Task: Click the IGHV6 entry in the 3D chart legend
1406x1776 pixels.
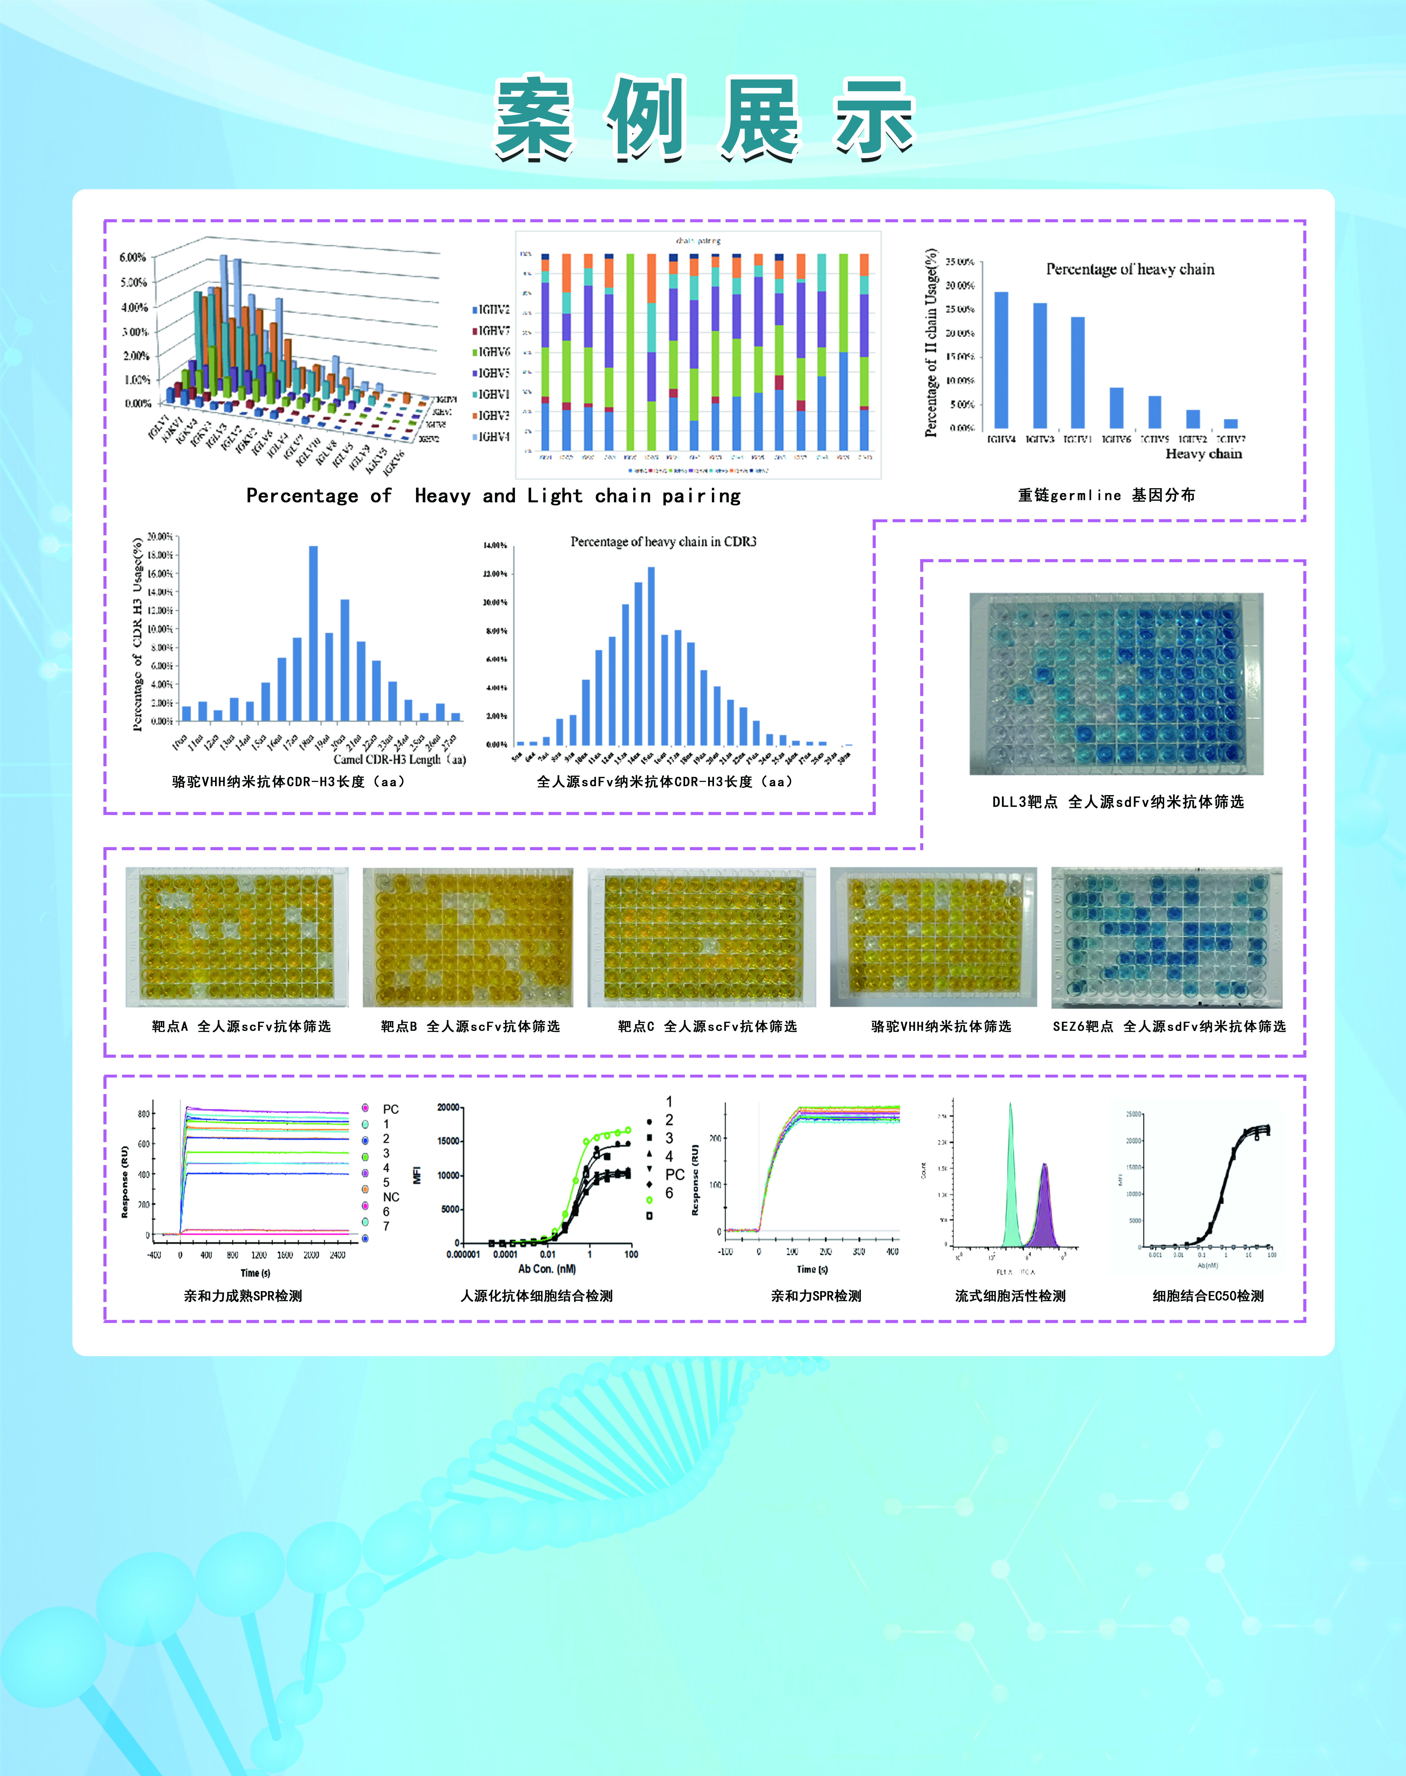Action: tap(494, 352)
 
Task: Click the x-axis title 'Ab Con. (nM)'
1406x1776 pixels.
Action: tap(547, 1268)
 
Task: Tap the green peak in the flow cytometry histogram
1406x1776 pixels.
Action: tap(1010, 1177)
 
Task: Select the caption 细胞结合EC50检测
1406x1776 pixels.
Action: tap(1208, 1295)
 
